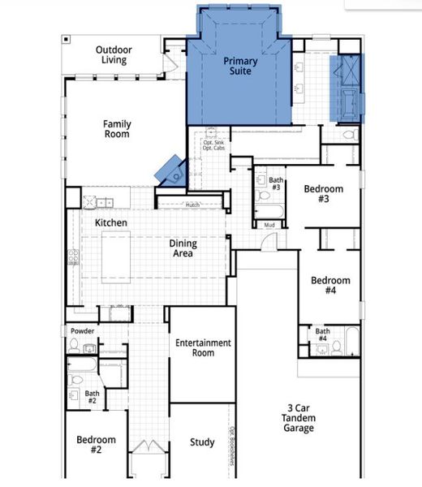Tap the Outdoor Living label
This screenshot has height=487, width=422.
point(114,54)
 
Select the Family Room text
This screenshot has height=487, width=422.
point(117,129)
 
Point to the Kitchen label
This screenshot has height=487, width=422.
point(110,222)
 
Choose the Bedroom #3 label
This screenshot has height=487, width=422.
point(323,194)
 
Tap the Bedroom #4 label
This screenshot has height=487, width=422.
point(330,286)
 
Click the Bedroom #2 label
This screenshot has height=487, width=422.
point(96,445)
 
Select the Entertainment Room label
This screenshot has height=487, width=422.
point(203,347)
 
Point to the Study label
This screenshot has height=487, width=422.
point(202,442)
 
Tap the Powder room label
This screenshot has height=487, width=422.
point(83,331)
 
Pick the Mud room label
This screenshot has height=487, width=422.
point(269,225)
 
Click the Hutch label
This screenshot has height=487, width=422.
point(192,205)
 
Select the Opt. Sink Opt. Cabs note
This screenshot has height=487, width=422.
point(213,145)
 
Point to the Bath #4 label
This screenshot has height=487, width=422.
point(322,334)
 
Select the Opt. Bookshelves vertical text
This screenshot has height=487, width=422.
point(231,442)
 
